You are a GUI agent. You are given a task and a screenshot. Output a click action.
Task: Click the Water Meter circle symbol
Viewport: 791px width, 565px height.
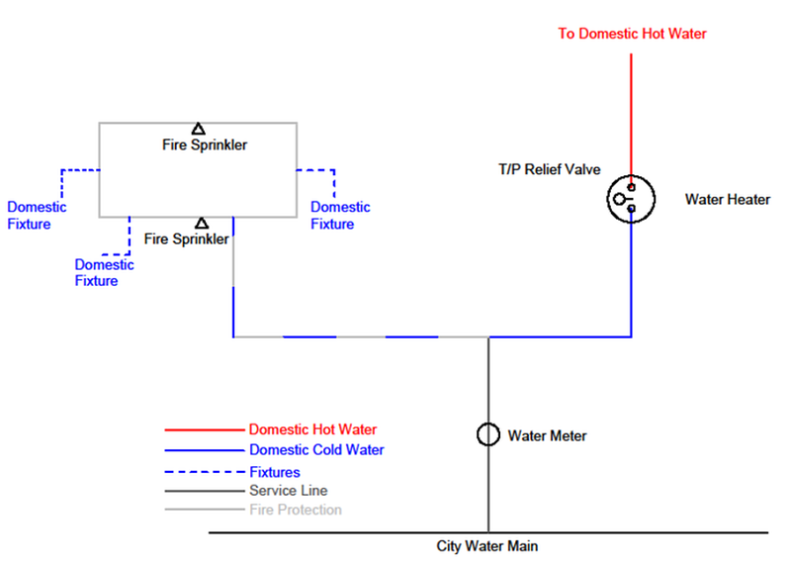point(487,434)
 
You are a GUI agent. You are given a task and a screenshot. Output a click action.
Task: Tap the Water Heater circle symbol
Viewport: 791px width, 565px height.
point(631,199)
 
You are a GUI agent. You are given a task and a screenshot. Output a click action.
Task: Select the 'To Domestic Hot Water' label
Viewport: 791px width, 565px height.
point(632,34)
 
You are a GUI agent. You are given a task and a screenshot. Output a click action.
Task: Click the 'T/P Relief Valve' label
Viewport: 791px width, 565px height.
point(549,169)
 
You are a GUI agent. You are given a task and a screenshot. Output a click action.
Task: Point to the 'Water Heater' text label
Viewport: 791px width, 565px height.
point(727,199)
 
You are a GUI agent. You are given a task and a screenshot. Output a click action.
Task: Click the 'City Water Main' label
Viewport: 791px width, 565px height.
point(487,545)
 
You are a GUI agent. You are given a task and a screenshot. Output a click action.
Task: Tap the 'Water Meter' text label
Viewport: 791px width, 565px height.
point(547,434)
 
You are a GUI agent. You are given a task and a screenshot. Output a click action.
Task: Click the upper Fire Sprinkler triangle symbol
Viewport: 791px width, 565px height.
point(199,129)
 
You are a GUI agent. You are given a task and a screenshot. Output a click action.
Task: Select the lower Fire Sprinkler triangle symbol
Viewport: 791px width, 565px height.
point(202,224)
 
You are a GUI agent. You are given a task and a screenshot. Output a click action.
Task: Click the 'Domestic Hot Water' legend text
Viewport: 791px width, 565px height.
point(312,430)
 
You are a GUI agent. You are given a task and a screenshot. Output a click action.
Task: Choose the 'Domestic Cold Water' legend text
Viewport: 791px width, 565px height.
point(316,450)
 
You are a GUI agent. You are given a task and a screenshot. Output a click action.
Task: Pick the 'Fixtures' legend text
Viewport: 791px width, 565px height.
point(275,472)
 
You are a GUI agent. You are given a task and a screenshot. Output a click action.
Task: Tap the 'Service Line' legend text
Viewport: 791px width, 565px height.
point(288,490)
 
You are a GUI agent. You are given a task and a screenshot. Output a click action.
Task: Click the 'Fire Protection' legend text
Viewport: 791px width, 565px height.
point(296,510)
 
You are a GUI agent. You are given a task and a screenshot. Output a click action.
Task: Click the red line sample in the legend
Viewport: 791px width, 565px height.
point(204,430)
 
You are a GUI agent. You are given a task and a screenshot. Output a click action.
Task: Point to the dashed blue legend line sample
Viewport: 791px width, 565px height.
point(204,472)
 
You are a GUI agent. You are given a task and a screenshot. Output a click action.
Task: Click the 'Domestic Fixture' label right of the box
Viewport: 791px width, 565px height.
point(340,216)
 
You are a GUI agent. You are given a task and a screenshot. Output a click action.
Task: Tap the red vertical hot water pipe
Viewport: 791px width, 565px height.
point(631,109)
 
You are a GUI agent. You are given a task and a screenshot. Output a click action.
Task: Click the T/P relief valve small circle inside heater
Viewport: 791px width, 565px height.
point(619,199)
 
